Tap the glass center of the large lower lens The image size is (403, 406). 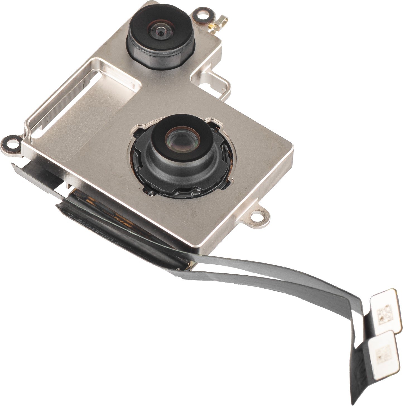177,138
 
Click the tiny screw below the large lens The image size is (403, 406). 151,193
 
